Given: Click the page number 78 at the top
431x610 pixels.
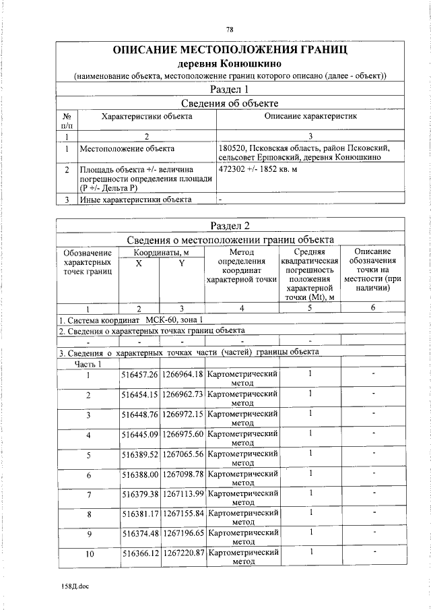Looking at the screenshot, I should pyautogui.click(x=230, y=30).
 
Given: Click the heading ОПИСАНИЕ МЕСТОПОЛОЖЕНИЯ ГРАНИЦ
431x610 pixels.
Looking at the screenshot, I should pyautogui.click(x=230, y=50).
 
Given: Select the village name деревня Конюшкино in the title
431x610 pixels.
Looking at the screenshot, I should pyautogui.click(x=230, y=64).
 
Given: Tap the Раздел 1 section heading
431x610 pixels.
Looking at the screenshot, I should pyautogui.click(x=230, y=90).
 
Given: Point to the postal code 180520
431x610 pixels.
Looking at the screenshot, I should pyautogui.click(x=233, y=148).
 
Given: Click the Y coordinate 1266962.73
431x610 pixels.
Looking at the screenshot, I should pyautogui.click(x=183, y=394).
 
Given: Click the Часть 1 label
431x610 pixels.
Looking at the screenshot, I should pyautogui.click(x=88, y=364).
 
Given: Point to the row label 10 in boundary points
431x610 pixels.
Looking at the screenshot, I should pyautogui.click(x=89, y=555).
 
